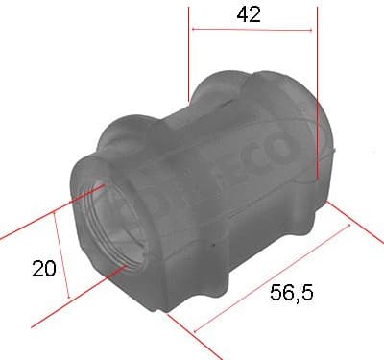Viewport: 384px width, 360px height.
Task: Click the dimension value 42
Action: click(x=252, y=13)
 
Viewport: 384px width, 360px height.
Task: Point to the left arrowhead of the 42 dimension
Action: click(x=195, y=30)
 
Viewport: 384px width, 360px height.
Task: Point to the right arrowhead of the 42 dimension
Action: click(x=311, y=30)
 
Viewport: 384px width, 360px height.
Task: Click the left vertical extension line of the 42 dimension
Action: click(x=190, y=58)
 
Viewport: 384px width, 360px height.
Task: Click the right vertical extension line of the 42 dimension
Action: click(x=316, y=96)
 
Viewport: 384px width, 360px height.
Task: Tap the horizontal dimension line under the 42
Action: click(x=252, y=30)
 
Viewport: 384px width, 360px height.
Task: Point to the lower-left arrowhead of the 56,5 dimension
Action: click(x=198, y=331)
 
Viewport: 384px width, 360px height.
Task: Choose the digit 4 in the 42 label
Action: click(x=245, y=13)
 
